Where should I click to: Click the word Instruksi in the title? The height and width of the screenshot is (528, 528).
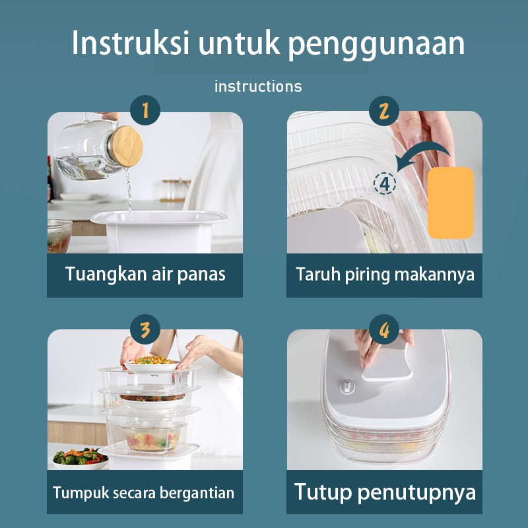[x=130, y=43]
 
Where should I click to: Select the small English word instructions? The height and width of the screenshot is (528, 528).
[x=258, y=86]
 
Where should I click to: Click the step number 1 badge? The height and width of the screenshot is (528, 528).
[x=145, y=110]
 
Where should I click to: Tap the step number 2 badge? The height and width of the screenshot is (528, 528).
[x=384, y=111]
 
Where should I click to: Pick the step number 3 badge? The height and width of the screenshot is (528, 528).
[x=145, y=329]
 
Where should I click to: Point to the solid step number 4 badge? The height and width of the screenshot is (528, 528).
[x=384, y=329]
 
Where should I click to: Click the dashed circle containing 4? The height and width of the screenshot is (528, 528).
[x=385, y=183]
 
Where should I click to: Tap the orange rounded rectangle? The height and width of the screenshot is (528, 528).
[x=451, y=203]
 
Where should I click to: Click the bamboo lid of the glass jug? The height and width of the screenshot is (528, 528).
[x=126, y=146]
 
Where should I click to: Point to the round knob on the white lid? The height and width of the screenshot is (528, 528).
[x=347, y=387]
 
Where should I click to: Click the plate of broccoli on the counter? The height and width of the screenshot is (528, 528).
[x=80, y=458]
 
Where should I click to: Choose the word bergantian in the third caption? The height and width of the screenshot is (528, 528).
[x=197, y=493]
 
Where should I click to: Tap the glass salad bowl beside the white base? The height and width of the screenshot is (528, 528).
[x=59, y=236]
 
